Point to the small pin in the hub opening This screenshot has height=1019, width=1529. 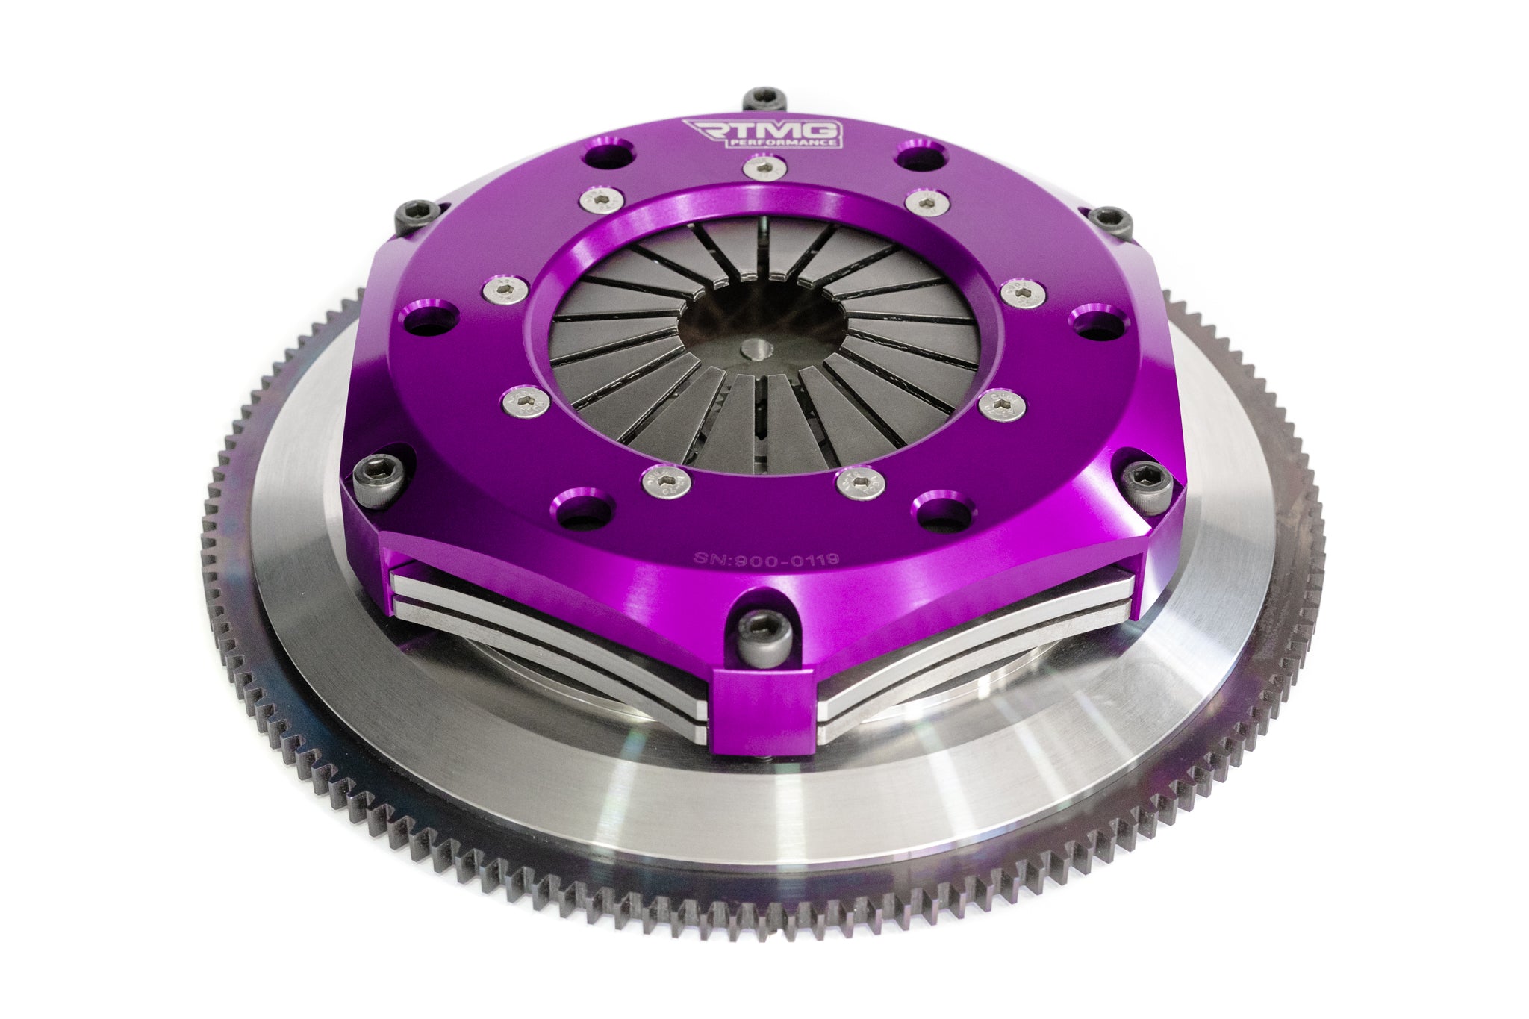[756, 348]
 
